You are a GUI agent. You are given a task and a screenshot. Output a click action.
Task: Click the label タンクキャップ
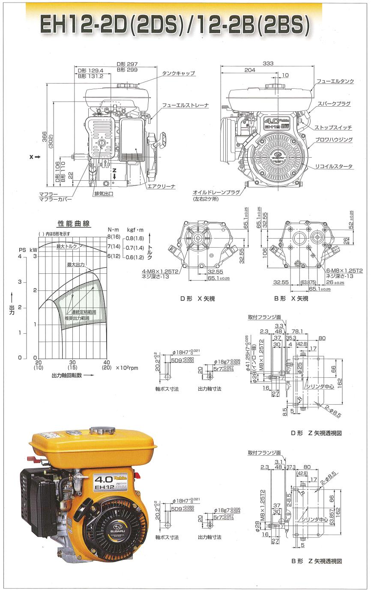tap(179, 74)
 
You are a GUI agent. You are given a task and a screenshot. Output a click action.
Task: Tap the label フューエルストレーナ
tap(185, 105)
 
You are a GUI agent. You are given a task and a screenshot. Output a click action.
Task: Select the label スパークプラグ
tap(334, 104)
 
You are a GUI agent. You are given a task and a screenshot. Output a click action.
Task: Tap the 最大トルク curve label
tap(66, 246)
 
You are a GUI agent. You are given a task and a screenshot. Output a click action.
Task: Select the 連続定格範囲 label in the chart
tap(84, 312)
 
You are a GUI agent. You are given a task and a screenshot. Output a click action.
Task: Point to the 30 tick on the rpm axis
tap(73, 362)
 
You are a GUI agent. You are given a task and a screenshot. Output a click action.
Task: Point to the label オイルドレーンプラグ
tap(212, 192)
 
